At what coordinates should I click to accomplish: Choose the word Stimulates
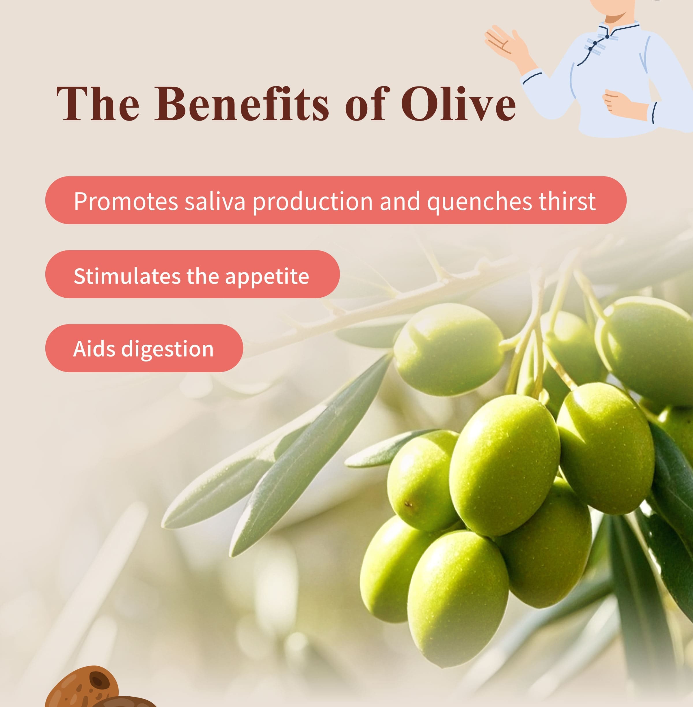coord(127,276)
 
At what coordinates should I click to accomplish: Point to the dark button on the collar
coord(607,36)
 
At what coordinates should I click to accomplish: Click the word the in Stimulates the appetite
coord(202,276)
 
